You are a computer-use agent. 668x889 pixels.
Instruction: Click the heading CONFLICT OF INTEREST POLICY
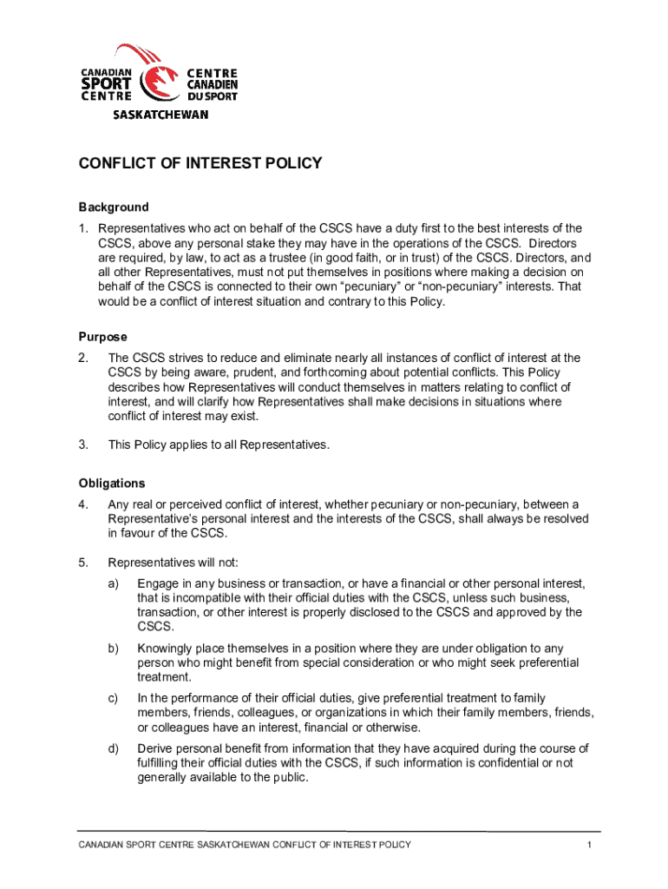tap(200, 163)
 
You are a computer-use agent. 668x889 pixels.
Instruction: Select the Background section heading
tap(114, 207)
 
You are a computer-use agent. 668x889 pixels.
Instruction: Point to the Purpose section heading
tap(103, 337)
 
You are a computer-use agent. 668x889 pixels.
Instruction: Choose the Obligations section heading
tap(112, 484)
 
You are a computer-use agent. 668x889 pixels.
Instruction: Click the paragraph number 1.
tap(83, 229)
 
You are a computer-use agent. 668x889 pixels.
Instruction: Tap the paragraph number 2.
tap(83, 358)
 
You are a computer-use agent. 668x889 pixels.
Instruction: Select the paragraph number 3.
tap(83, 444)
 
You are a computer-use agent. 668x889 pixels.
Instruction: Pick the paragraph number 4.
tap(83, 504)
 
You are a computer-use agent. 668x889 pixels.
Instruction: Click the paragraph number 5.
tap(83, 562)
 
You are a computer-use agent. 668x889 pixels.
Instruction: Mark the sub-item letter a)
tap(114, 583)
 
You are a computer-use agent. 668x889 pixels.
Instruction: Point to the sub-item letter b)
tap(114, 648)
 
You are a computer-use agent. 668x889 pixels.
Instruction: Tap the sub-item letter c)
tap(114, 698)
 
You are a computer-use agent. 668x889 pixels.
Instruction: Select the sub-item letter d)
tap(114, 748)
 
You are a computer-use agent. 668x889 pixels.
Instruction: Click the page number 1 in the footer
tap(588, 846)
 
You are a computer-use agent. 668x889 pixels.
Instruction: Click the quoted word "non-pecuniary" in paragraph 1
tap(460, 287)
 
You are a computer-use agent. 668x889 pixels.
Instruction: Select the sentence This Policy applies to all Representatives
tap(219, 444)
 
